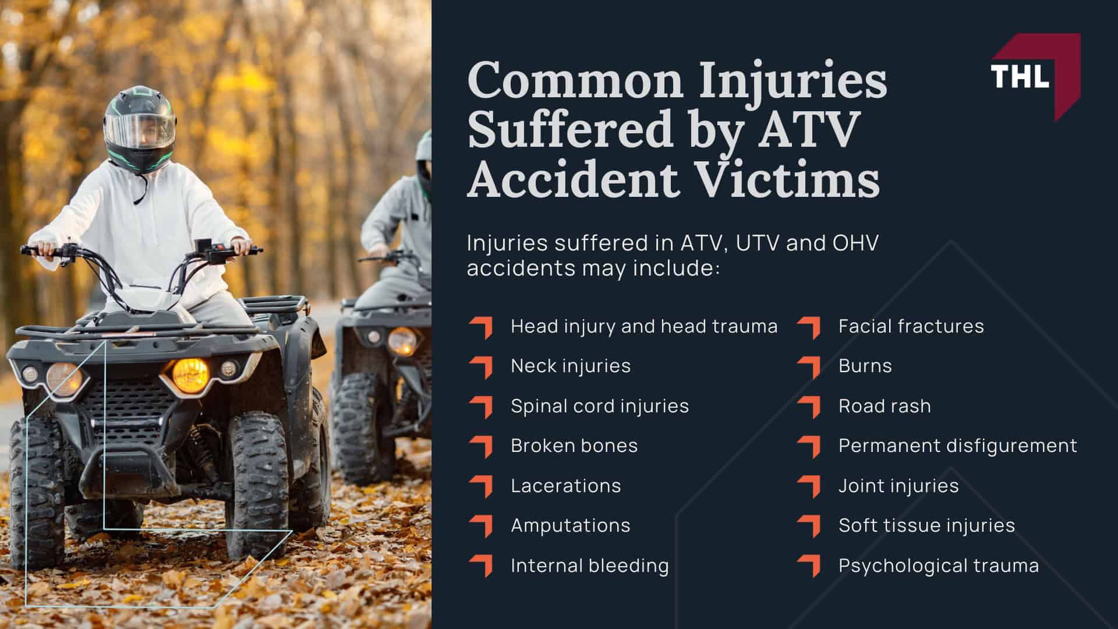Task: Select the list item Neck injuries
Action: tap(571, 366)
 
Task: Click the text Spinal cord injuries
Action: tap(600, 406)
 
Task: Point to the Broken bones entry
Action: tap(574, 446)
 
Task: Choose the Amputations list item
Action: tap(571, 525)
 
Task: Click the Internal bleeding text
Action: tap(590, 566)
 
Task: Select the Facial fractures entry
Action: tap(911, 326)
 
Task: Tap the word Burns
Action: tap(865, 366)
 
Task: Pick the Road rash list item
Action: tap(885, 406)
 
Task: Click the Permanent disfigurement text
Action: tap(958, 446)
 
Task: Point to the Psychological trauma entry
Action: tap(939, 566)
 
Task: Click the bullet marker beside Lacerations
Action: tap(482, 486)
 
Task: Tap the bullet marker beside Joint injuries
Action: tap(809, 486)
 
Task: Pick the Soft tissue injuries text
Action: tap(926, 525)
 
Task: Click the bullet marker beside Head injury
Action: tap(482, 327)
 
